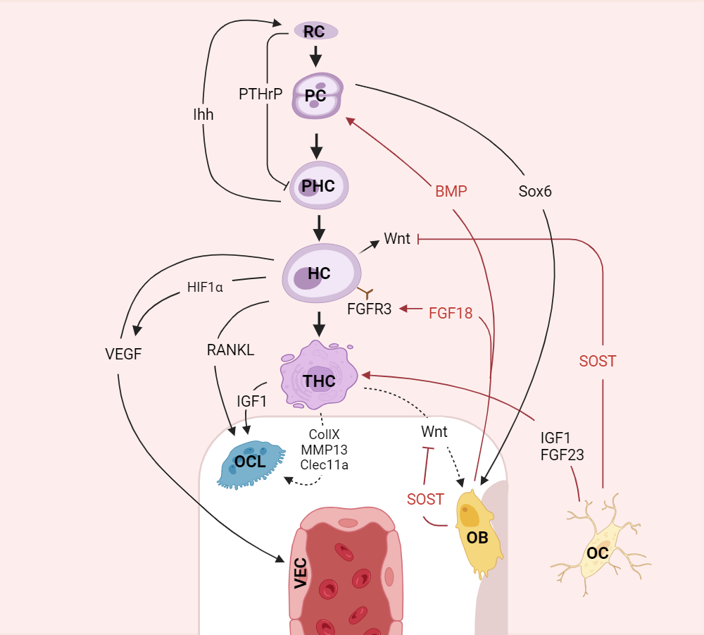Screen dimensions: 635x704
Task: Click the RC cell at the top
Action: click(x=315, y=31)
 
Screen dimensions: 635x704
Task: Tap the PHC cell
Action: click(x=319, y=185)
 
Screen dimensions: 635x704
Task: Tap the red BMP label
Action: click(x=451, y=192)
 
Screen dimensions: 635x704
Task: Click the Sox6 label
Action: click(x=534, y=192)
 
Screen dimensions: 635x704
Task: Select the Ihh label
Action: click(x=203, y=114)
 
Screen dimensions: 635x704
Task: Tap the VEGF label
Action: click(x=122, y=354)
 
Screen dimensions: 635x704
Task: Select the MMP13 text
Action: click(x=324, y=450)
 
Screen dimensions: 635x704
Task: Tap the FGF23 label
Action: click(x=562, y=455)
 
